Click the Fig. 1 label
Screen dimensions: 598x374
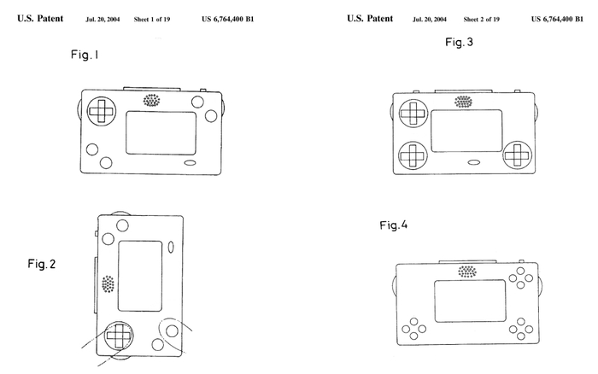85,55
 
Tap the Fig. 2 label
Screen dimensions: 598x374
42,264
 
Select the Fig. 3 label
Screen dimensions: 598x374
460,42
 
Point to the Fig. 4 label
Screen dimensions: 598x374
394,225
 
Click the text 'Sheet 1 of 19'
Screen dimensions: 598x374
152,20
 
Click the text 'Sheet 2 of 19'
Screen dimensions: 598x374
481,20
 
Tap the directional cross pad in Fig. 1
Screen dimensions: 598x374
102,111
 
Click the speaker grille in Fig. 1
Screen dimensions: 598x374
151,101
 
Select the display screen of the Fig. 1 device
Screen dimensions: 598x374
161,133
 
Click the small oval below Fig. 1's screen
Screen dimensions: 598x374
191,163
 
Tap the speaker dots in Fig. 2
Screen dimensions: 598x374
108,284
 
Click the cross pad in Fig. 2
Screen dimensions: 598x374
119,336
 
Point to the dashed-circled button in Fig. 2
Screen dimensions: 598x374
173,331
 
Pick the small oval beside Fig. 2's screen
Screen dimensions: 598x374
171,248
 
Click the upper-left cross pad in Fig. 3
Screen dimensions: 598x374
413,114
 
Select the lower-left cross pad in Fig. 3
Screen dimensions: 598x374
413,155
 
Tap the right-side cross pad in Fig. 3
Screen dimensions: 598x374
518,155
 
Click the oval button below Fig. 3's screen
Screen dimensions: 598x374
473,162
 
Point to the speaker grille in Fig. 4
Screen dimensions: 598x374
467,272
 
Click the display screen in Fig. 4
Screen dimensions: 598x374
470,301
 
